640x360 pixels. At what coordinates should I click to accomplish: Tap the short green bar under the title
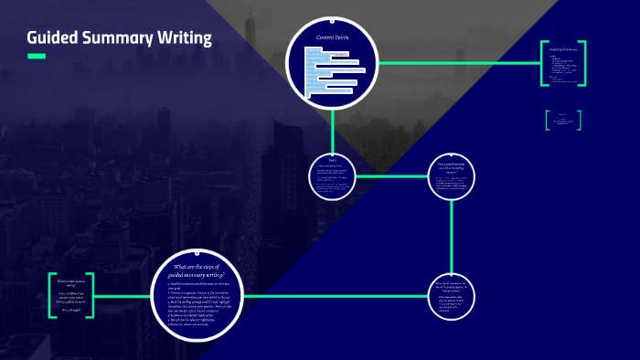pyautogui.click(x=37, y=57)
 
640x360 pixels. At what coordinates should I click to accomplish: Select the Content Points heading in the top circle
pyautogui.click(x=333, y=37)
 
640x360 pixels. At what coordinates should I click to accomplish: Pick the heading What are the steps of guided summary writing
pyautogui.click(x=198, y=270)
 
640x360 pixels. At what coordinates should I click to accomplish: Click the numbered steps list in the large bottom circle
pyautogui.click(x=197, y=302)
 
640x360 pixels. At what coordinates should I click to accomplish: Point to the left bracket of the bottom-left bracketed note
pyautogui.click(x=51, y=295)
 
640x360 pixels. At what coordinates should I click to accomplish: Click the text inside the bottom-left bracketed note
pyautogui.click(x=71, y=294)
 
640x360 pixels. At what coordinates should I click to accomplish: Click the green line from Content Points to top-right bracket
pyautogui.click(x=457, y=63)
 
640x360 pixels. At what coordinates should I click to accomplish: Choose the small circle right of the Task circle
pyautogui.click(x=452, y=175)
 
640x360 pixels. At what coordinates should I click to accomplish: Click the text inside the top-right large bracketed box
pyautogui.click(x=562, y=64)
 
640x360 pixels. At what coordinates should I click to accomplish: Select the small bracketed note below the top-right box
pyautogui.click(x=563, y=119)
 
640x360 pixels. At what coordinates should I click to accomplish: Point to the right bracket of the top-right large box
pyautogui.click(x=582, y=64)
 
